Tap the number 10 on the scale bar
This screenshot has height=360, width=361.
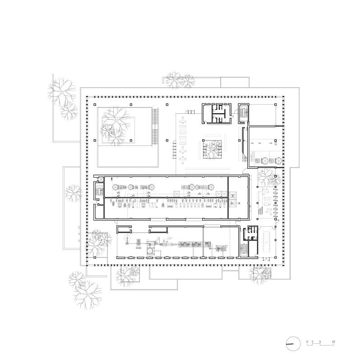(x=333, y=341)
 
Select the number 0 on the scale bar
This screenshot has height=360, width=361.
(x=307, y=341)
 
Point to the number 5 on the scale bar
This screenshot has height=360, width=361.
(x=320, y=341)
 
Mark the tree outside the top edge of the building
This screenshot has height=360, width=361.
(x=179, y=80)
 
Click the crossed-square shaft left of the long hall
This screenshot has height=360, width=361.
(x=100, y=180)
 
